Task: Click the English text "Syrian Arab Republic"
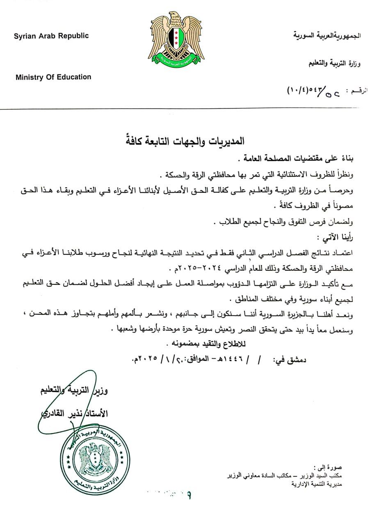pos(51,36)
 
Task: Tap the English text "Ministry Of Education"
pos(53,77)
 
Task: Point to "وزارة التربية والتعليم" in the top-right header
pos(335,64)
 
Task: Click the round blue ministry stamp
pos(95,456)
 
